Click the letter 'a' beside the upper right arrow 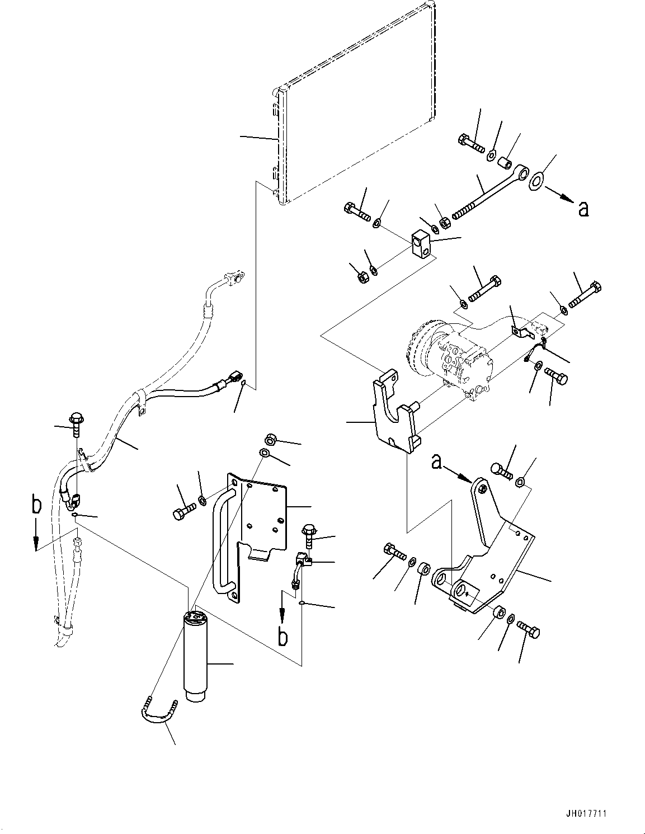click(x=583, y=209)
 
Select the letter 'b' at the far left click(x=36, y=506)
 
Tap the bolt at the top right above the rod click(x=472, y=143)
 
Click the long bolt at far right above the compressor click(x=585, y=296)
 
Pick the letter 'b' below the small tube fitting click(x=284, y=637)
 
